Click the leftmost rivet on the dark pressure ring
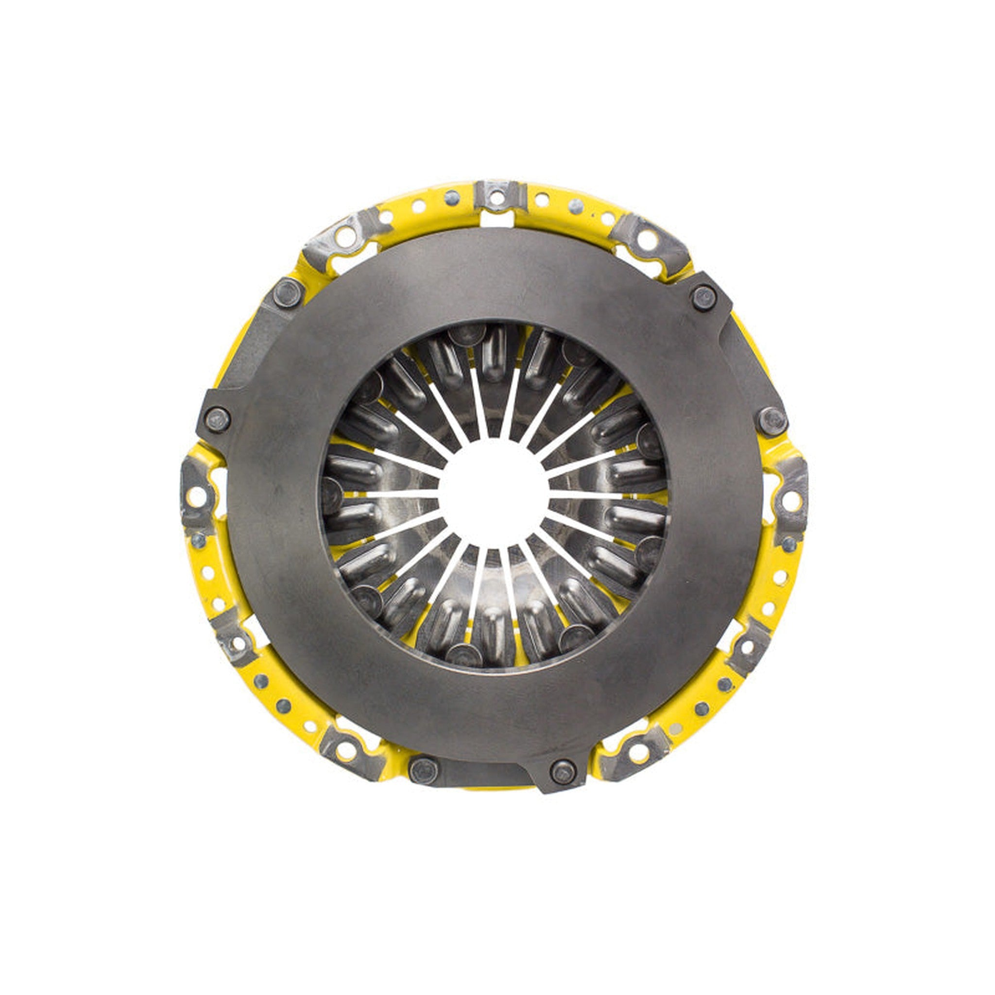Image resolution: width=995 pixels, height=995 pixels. tap(217, 420)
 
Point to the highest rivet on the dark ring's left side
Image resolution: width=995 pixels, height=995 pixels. tap(289, 292)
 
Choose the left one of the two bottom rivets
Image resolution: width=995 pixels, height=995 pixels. tap(423, 771)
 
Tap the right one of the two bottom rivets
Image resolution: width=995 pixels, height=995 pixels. tap(563, 771)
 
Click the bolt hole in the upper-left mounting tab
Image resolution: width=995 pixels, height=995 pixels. tap(346, 238)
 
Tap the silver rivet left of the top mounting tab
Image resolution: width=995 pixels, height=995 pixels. tap(452, 197)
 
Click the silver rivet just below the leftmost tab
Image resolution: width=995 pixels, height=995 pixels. tap(198, 540)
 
